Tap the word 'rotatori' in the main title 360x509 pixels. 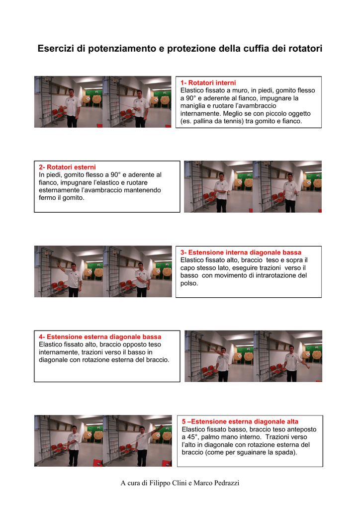pos(304,48)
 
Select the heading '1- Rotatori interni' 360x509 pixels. pos(208,83)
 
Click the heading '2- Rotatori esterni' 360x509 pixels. pos(67,167)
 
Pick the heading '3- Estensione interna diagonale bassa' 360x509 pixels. pos(241,253)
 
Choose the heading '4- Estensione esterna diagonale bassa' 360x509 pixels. pos(100,337)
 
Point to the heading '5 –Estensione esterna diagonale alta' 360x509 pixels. pos(240,422)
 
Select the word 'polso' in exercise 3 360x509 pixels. pos(189,283)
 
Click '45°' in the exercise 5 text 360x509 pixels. pos(192,437)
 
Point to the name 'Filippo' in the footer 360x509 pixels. pos(160,483)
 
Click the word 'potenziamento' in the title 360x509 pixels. pos(122,48)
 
